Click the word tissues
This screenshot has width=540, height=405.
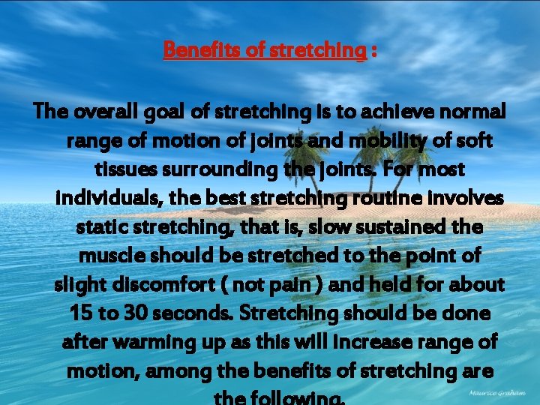[x=124, y=170]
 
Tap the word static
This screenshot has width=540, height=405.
[x=103, y=227]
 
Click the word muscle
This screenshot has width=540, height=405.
[x=110, y=256]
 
